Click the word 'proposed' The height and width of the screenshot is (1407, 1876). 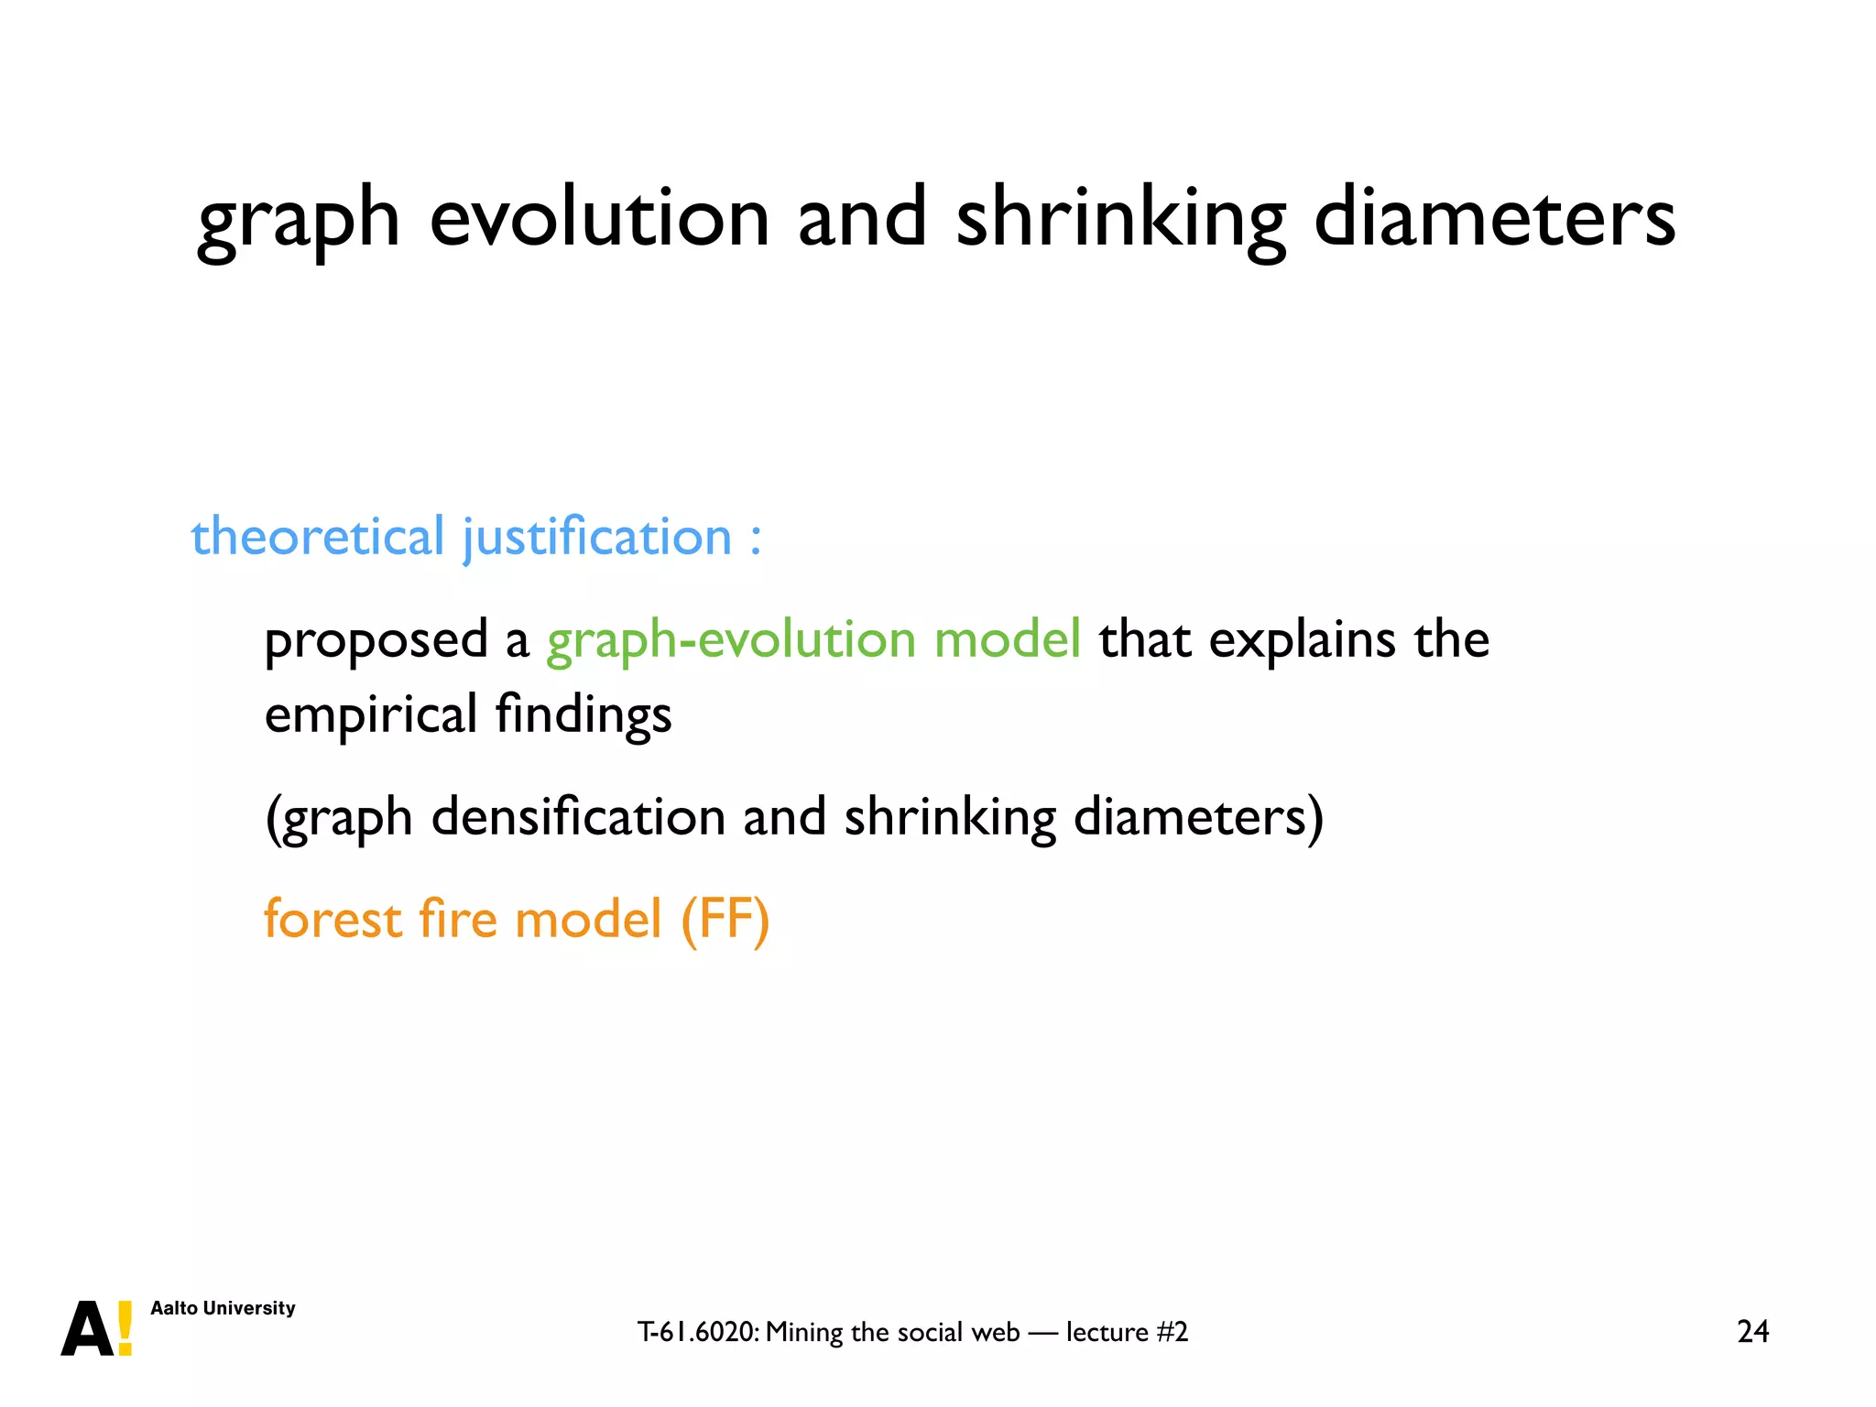(376, 640)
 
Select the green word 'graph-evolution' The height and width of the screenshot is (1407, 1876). (731, 640)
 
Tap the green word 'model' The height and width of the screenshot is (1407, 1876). (1008, 638)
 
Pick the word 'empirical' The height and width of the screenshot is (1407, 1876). (370, 715)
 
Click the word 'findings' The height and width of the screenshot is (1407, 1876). (584, 715)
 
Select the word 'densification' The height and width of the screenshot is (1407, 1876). (578, 816)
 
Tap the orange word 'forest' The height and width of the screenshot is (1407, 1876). (333, 919)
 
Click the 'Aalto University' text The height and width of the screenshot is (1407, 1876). (223, 1308)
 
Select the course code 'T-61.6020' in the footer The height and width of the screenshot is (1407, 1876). (698, 1332)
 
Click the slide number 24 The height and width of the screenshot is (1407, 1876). (1752, 1332)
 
